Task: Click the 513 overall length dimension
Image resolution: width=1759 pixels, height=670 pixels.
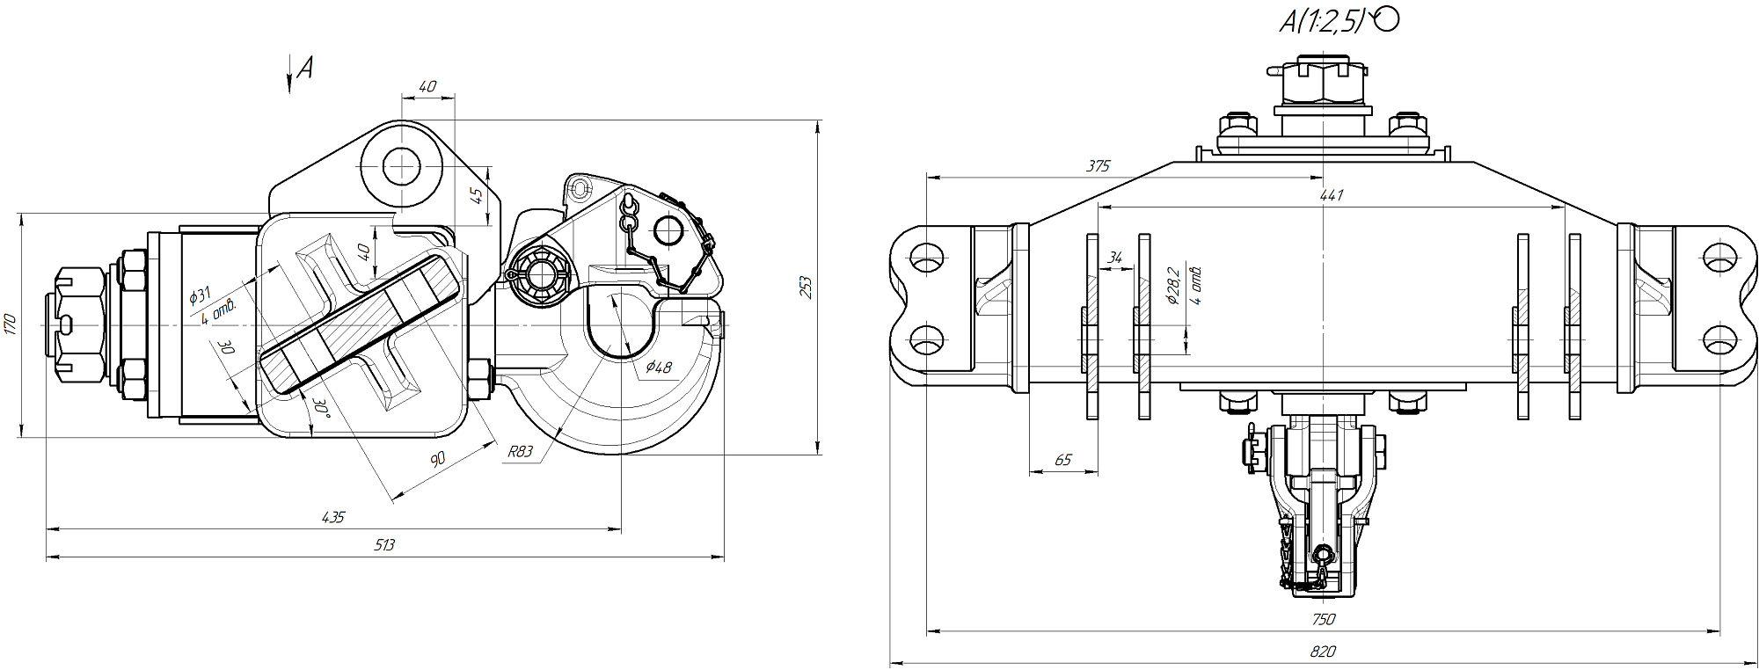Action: coord(384,545)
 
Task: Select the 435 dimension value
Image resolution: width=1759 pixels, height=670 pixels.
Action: coord(333,518)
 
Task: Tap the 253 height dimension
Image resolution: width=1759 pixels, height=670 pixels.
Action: coord(806,288)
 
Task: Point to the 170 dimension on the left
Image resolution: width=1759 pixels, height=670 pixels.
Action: coord(10,324)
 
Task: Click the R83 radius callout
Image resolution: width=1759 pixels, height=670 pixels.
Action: coord(520,452)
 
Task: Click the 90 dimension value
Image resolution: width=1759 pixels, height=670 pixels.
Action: coord(437,458)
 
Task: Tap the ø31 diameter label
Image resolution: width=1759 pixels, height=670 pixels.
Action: coord(201,295)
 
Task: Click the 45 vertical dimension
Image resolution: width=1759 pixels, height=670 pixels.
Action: coord(477,195)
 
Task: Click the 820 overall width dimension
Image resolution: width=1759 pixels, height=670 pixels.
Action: coord(1323,652)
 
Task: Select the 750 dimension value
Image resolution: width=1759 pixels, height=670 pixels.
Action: coord(1323,619)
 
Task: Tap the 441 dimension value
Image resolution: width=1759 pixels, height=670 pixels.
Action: coord(1332,195)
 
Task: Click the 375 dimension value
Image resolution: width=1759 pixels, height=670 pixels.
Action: coord(1098,165)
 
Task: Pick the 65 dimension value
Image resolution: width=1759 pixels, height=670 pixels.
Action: coord(1062,460)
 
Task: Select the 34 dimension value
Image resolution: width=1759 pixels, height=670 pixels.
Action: coord(1114,258)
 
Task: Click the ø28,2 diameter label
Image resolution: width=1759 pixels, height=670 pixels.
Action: coord(1171,286)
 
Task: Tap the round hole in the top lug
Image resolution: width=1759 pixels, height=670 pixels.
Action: coord(401,167)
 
